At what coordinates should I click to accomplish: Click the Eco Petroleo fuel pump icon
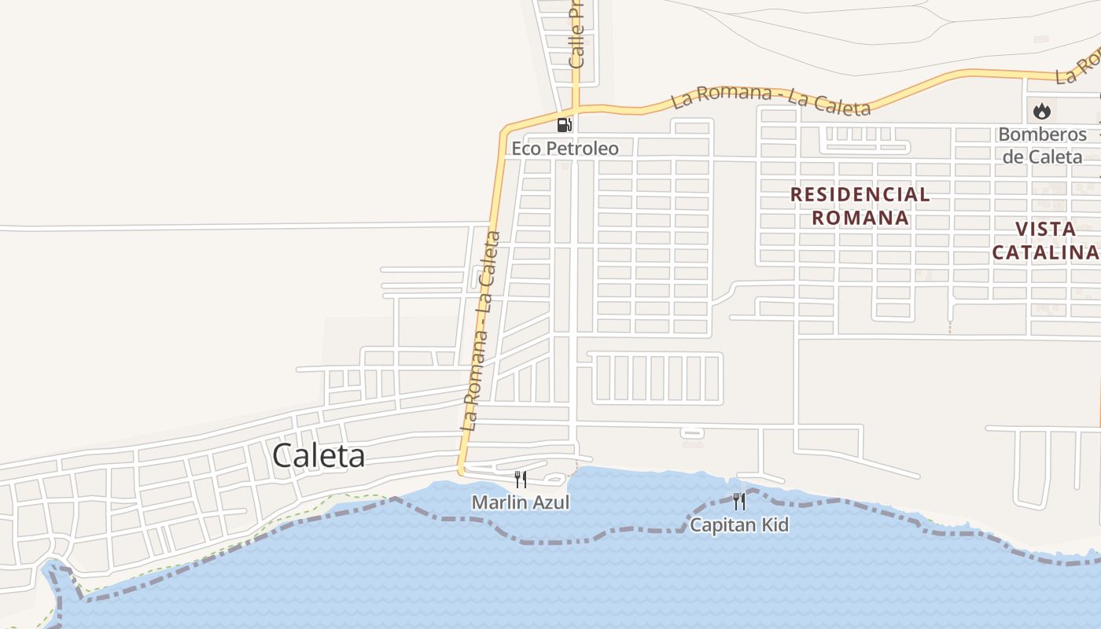coord(564,124)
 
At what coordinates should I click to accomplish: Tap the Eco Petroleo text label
coord(565,148)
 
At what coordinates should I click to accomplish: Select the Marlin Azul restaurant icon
coord(520,479)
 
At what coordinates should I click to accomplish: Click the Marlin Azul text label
coord(521,502)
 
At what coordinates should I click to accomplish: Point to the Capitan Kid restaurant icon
coord(738,501)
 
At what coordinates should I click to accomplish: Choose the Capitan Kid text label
coord(738,524)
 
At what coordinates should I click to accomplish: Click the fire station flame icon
coord(1042,111)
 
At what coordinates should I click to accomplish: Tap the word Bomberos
coord(1042,134)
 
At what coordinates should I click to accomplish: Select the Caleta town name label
coord(319,456)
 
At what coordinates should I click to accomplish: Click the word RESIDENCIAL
coord(860,194)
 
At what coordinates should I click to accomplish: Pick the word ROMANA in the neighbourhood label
coord(860,217)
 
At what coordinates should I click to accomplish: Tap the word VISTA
coord(1045,229)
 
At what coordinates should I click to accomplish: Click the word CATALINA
coord(1045,252)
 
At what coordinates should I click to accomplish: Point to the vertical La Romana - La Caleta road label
coord(482,330)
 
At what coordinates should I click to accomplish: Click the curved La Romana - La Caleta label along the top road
coord(771,99)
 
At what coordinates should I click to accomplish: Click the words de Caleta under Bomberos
coord(1042,156)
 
